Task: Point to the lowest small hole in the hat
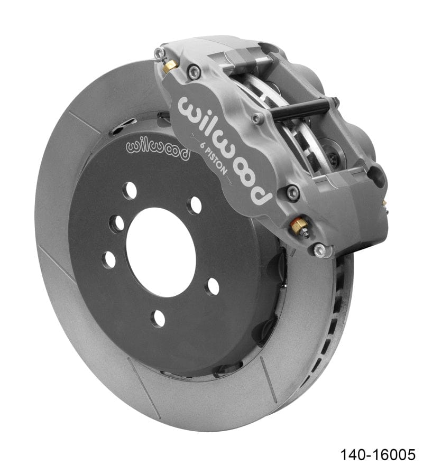[x=158, y=318]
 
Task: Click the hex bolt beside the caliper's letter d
[x=292, y=193]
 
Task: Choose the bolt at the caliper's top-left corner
[x=159, y=52]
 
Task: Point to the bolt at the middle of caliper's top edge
[x=258, y=118]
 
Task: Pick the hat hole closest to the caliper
[x=195, y=204]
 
